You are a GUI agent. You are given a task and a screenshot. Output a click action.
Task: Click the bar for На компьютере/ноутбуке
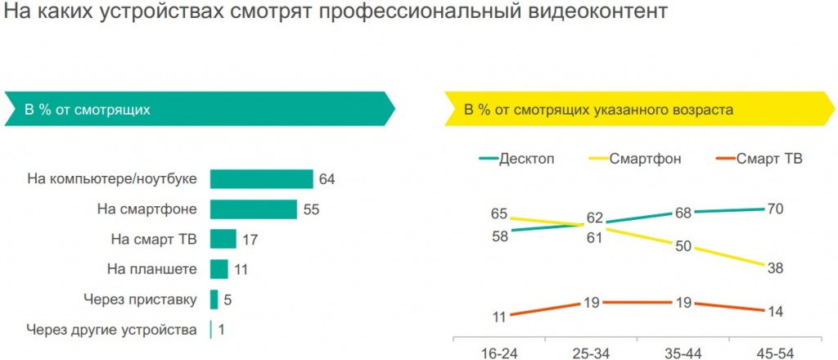[x=261, y=179]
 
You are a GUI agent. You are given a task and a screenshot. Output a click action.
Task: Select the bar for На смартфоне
[x=253, y=209]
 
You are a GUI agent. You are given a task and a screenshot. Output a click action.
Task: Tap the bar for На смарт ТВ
[x=223, y=239]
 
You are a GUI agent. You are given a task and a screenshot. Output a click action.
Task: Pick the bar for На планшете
[x=219, y=269]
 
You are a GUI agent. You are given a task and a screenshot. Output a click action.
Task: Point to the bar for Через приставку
[x=214, y=299]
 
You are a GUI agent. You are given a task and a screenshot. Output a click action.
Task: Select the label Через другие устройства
[x=111, y=330]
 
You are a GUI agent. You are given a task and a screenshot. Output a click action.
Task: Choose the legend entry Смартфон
[x=646, y=159]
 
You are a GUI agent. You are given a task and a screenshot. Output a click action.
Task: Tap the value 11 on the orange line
[x=499, y=316]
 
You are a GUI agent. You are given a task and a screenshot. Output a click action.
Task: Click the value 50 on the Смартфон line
[x=682, y=245]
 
